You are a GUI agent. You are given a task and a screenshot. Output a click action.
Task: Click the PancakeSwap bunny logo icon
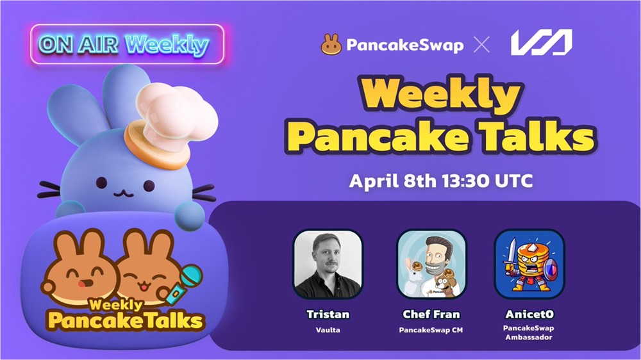point(331,44)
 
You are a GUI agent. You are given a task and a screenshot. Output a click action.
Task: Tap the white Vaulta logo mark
point(541,42)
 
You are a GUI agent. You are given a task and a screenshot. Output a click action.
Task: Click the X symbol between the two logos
point(481,45)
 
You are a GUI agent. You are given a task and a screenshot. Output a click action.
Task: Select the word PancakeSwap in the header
point(404,45)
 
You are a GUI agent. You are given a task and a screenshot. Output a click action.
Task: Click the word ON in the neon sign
point(56,44)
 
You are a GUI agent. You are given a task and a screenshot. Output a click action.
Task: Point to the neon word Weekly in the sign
point(167,45)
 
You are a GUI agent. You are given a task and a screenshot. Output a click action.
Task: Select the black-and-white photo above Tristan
point(328,264)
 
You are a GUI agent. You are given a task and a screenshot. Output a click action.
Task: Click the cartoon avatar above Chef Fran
point(431,264)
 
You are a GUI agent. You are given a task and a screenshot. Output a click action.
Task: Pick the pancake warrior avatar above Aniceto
point(529,264)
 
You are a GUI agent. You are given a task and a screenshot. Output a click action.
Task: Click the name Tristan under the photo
point(328,315)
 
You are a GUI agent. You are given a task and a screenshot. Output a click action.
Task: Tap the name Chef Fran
point(431,315)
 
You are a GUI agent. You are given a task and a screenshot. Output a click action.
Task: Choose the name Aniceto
point(529,315)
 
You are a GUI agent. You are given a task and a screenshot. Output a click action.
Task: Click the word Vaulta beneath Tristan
point(328,330)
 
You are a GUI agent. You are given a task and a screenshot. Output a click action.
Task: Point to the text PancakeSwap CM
point(431,330)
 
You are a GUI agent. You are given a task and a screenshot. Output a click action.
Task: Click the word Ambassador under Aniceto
point(529,338)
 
